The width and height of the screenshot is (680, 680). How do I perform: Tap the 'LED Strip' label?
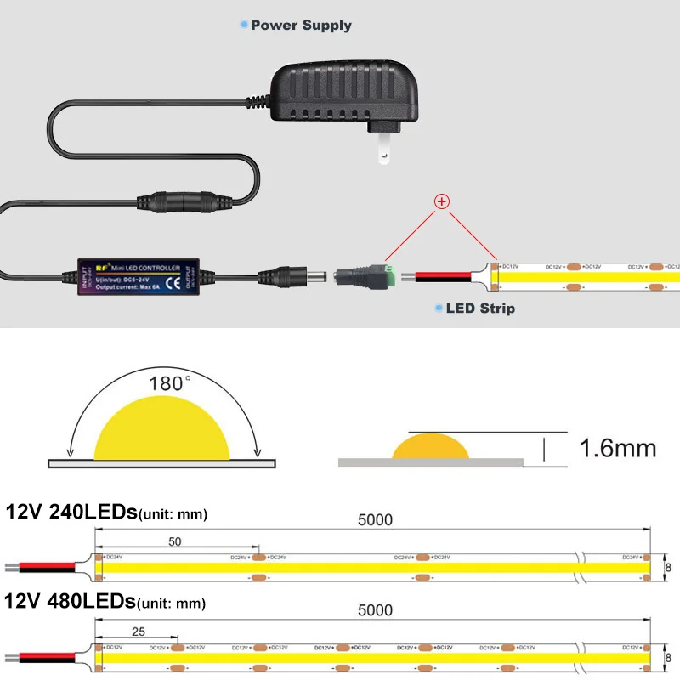(x=480, y=308)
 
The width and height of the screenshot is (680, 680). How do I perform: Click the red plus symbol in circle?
(x=442, y=202)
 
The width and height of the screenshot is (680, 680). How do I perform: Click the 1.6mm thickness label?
(x=618, y=447)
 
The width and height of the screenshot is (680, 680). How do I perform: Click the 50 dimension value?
(x=174, y=541)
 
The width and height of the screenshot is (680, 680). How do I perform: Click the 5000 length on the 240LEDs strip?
(x=375, y=521)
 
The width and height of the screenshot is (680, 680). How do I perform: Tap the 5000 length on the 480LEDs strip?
(x=375, y=610)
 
